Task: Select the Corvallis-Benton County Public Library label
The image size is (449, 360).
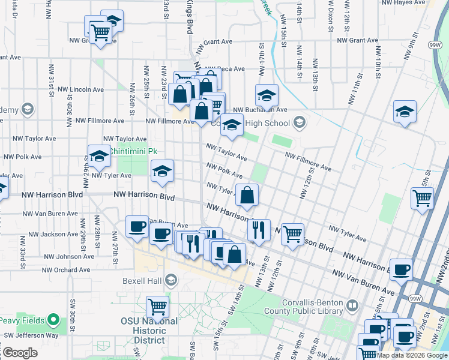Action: click(x=307, y=307)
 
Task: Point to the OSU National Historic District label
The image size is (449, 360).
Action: click(x=158, y=331)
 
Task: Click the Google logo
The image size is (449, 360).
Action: click(x=20, y=353)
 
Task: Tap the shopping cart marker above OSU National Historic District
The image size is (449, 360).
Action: click(x=157, y=307)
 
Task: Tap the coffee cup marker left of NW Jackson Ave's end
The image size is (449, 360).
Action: click(x=137, y=227)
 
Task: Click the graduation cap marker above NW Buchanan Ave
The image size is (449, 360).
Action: click(x=267, y=95)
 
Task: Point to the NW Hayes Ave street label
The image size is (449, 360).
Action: click(x=408, y=3)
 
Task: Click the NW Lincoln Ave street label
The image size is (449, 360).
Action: click(x=86, y=89)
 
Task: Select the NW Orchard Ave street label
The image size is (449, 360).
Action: click(x=67, y=270)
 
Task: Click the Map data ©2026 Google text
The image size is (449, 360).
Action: click(x=412, y=355)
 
